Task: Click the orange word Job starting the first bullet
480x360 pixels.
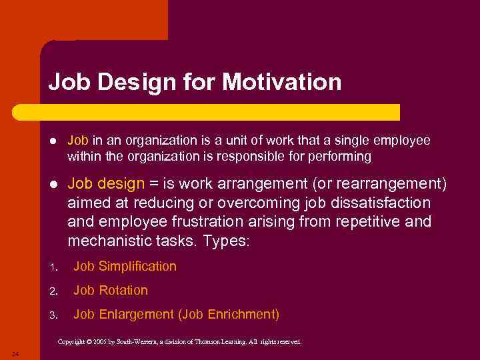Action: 78,141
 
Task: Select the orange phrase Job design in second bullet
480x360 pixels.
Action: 106,183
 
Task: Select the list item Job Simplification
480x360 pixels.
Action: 125,267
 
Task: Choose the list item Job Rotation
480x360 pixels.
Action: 111,291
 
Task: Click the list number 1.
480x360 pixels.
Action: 52,267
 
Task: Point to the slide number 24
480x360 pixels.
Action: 15,353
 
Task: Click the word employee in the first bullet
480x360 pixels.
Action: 405,141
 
